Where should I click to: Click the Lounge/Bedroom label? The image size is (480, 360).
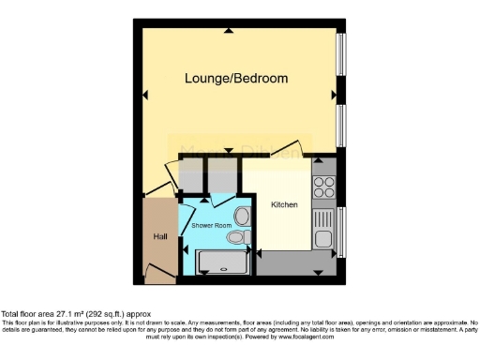click(x=235, y=78)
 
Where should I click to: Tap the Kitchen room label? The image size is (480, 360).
click(x=284, y=204)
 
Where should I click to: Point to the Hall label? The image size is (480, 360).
click(x=159, y=236)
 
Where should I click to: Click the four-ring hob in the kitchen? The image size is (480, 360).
click(x=324, y=187)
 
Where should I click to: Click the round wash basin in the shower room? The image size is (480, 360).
click(x=243, y=217)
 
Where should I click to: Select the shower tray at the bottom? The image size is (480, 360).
click(x=224, y=262)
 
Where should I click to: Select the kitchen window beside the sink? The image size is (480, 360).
click(x=341, y=231)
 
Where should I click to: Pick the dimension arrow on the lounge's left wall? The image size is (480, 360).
click(x=145, y=95)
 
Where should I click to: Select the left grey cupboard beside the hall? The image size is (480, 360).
click(x=191, y=175)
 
